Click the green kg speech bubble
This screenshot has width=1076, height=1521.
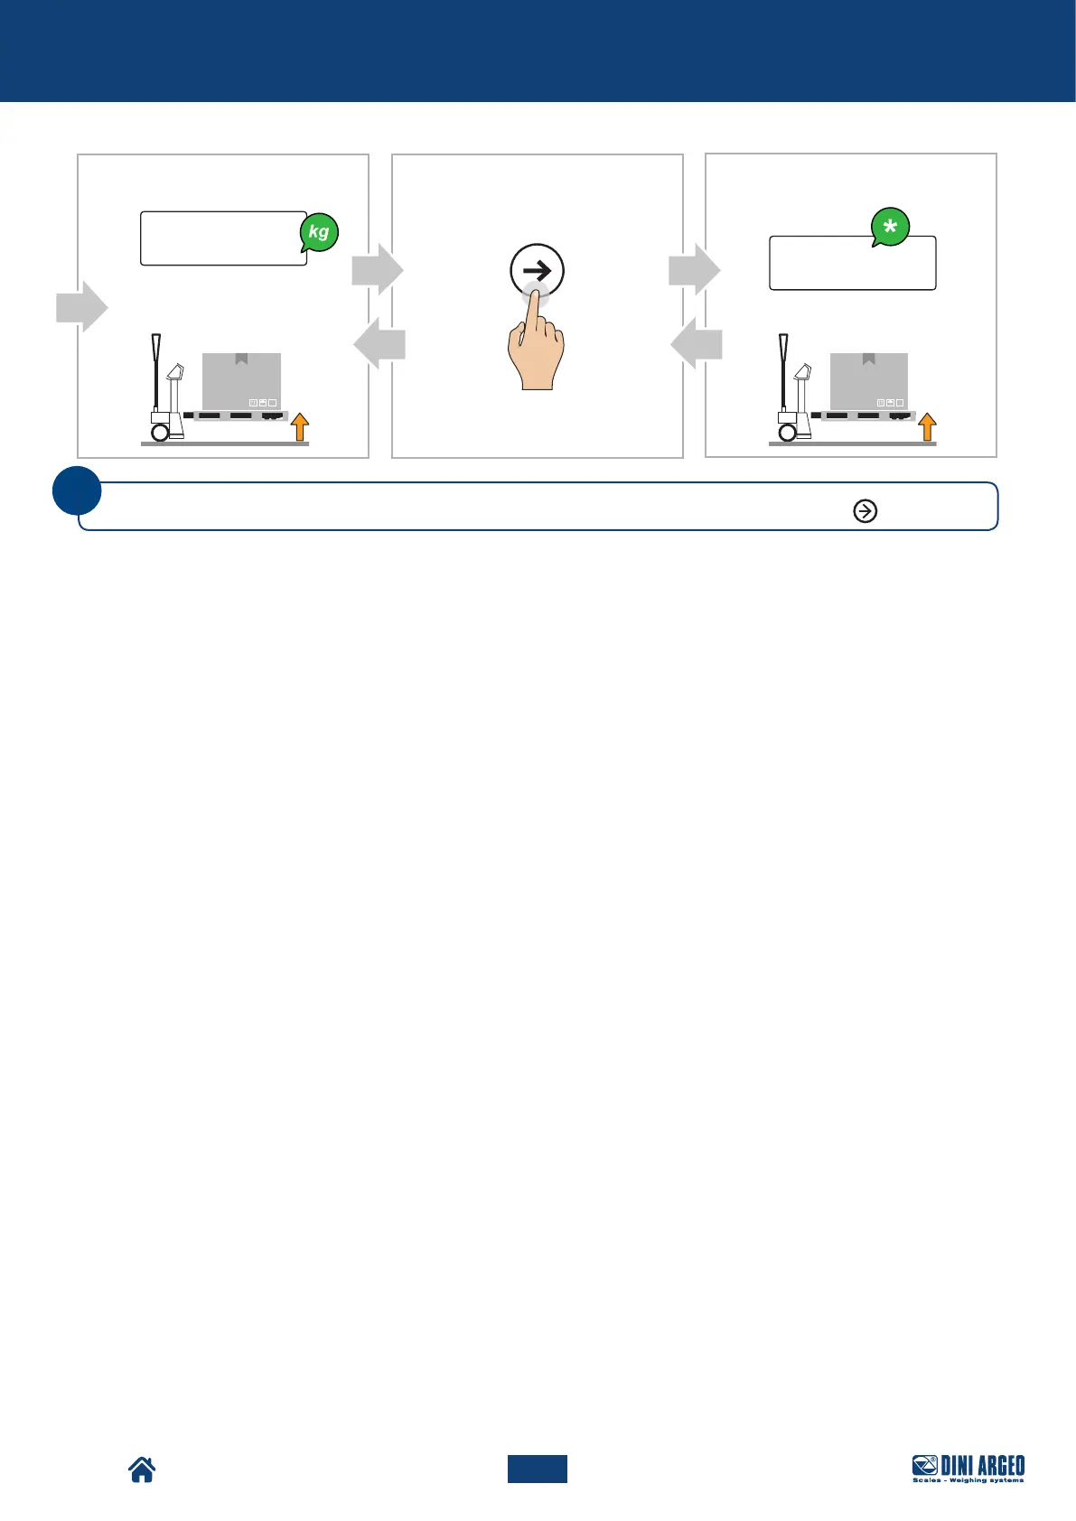pos(319,232)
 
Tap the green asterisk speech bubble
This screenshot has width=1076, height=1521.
pos(890,228)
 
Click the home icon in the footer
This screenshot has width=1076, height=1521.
pos(142,1470)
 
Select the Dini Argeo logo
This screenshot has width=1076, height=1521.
pos(968,1469)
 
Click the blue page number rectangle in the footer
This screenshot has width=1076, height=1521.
pos(537,1469)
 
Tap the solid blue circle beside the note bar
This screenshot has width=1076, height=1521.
pos(77,490)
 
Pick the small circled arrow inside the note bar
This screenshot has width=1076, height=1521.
pos(865,511)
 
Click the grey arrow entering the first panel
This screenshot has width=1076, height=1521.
pos(82,306)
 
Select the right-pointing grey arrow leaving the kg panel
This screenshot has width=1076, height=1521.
pos(377,269)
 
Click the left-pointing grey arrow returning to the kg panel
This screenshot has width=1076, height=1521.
pos(379,344)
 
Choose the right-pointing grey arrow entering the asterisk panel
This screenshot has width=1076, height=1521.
pos(694,269)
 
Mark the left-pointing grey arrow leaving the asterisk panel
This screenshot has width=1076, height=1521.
pos(697,344)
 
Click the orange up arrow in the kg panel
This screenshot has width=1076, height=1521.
pos(300,426)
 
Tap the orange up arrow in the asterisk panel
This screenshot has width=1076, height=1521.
pos(927,426)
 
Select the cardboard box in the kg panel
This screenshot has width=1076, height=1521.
pos(241,380)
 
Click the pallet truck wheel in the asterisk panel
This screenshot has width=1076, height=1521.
pos(788,433)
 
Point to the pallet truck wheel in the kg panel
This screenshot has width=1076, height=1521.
pos(160,433)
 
